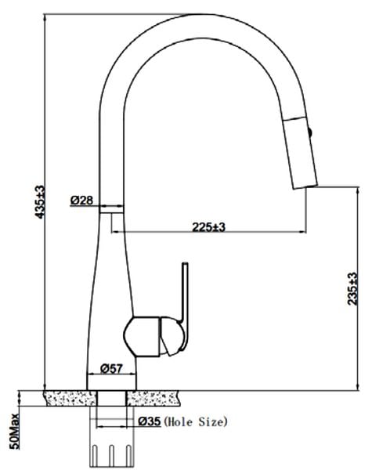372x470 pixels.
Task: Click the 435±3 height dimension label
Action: coord(40,202)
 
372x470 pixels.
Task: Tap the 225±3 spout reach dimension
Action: coord(208,227)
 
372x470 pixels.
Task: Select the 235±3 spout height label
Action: coord(352,288)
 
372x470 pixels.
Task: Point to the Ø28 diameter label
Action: coord(81,201)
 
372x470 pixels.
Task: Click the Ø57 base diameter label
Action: coord(111,368)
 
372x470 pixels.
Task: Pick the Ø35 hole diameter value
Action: coord(150,421)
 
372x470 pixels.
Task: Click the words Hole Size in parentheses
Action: coord(196,422)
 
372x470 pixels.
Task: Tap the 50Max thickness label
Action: coord(14,431)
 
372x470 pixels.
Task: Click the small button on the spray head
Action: coord(310,132)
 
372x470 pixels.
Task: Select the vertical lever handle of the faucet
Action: coord(185,305)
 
